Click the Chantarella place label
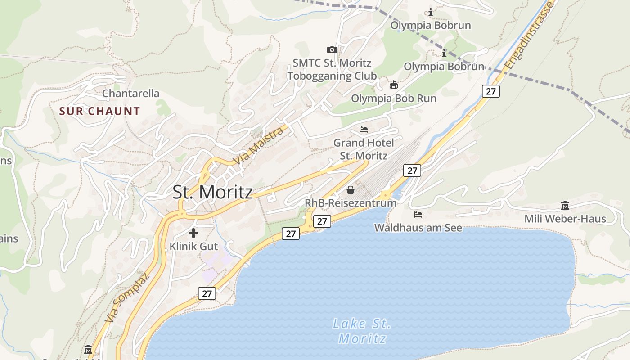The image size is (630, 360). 130,94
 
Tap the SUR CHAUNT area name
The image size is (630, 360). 99,111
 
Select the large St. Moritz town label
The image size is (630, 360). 212,192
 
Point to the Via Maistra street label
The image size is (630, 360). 258,145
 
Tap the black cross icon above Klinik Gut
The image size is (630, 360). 193,233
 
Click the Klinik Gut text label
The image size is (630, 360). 193,247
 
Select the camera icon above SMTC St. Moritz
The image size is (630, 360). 332,49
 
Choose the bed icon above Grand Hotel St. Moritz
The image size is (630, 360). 364,130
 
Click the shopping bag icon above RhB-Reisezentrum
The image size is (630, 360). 351,190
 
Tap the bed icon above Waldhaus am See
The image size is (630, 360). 418,215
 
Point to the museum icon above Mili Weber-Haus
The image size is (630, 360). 565,206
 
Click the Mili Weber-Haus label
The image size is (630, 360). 565,219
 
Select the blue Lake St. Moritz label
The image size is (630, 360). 362,331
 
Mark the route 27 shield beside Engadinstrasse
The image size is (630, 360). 490,91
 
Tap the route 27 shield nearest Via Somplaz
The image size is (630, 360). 207,294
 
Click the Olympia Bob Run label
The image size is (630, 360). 394,98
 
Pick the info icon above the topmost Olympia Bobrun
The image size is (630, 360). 431,12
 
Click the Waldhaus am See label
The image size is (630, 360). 418,228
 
